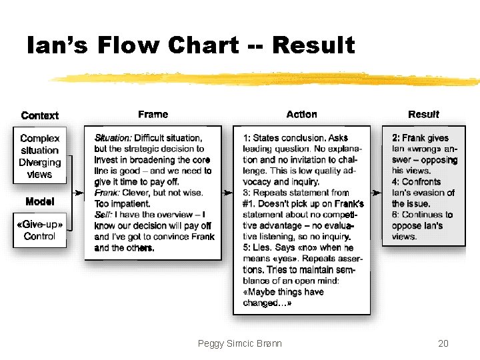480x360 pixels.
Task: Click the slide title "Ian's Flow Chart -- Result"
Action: click(191, 45)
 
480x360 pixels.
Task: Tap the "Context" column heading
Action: click(40, 115)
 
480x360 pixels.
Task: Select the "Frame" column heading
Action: click(153, 115)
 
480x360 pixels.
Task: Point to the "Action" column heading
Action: click(301, 115)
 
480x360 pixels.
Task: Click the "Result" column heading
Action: click(423, 115)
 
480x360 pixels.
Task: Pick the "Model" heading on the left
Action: click(40, 201)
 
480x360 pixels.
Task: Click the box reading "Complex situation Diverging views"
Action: click(40, 156)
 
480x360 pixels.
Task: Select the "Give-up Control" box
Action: click(40, 231)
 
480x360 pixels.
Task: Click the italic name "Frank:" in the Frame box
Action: click(108, 193)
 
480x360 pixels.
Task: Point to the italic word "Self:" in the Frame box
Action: click(104, 215)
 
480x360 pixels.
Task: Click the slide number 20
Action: click(443, 343)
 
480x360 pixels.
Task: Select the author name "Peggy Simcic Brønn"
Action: click(240, 343)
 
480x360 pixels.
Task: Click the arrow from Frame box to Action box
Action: click(227, 193)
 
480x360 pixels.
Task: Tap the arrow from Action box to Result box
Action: click(376, 193)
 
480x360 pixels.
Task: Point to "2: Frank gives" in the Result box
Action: click(420, 138)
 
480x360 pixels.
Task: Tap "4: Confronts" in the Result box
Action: click(416, 182)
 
